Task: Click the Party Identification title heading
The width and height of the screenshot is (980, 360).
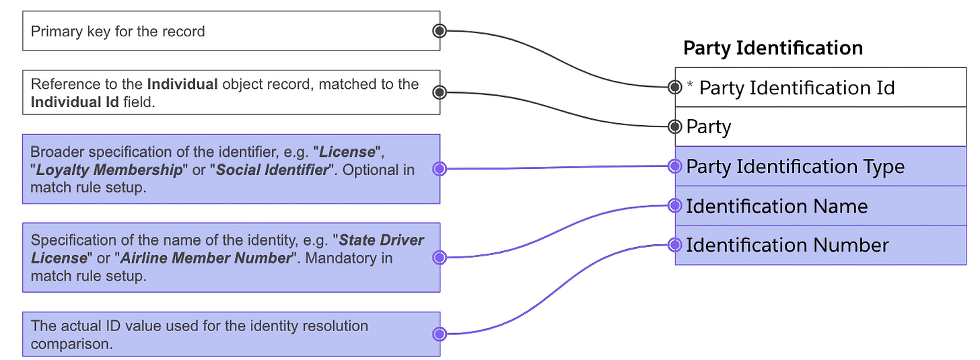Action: pos(773,48)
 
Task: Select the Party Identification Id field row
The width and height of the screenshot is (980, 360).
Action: pos(820,87)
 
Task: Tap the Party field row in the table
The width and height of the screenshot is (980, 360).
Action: pos(820,127)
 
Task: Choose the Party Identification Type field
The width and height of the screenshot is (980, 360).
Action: pos(820,167)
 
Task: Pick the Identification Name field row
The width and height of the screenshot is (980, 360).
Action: pos(820,206)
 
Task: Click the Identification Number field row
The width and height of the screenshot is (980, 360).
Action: pos(820,246)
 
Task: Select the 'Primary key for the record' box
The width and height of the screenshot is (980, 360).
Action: pos(231,31)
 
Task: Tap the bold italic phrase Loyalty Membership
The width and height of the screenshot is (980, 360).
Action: pos(109,170)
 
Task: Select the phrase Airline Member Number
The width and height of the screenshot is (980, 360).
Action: pos(204,258)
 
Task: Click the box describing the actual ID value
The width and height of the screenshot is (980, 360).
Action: pos(231,334)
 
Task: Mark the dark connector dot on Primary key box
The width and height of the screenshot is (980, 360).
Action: pos(440,30)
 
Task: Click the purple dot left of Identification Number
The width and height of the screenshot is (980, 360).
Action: pos(675,245)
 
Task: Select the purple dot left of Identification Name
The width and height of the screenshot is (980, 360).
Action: pos(675,206)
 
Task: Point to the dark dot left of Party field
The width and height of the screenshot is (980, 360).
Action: pos(675,127)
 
